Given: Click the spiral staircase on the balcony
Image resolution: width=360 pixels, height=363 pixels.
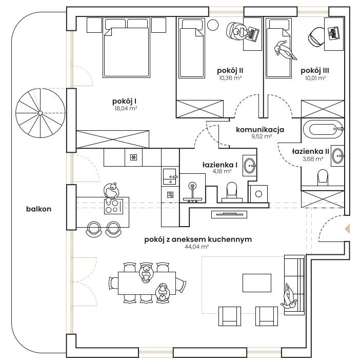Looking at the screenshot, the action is [41, 113].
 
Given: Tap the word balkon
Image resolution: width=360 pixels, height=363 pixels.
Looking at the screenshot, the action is [38, 209].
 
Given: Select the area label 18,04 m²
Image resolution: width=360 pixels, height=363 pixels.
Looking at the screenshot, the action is [126, 108].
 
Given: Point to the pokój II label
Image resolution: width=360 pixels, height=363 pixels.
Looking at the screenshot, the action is [230, 70].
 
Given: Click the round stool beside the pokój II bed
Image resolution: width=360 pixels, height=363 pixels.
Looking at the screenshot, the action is [213, 25].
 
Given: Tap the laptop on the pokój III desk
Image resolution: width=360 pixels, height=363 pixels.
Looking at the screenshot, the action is [333, 33].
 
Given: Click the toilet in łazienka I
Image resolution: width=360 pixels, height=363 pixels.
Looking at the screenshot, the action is [232, 192].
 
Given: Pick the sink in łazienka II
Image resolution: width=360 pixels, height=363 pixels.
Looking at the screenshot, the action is [338, 156].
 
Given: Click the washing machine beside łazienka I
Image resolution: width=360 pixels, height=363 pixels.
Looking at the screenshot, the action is [258, 194].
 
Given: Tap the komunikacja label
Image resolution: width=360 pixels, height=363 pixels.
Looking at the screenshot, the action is [260, 130].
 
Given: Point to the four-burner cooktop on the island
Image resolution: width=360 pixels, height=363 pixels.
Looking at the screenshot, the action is [113, 206].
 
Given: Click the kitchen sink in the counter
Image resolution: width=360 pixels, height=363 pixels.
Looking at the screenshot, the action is [170, 176].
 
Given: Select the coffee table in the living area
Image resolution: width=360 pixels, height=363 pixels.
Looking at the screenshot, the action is [257, 283].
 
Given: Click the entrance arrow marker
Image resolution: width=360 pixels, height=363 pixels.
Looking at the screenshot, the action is [347, 229].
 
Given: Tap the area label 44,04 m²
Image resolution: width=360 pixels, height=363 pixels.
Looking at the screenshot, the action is [196, 247].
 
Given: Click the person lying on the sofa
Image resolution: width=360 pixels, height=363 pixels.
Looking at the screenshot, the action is [289, 296].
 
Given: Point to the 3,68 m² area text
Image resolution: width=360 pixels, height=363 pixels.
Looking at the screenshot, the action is [313, 159].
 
